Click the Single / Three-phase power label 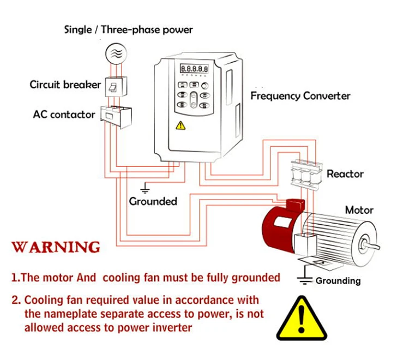(129, 29)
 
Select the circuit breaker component (115, 87)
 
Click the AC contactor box (117, 115)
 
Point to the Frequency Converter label (300, 96)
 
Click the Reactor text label (345, 174)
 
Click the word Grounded (153, 201)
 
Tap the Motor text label (359, 210)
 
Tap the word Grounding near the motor (338, 281)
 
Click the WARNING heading (56, 247)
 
